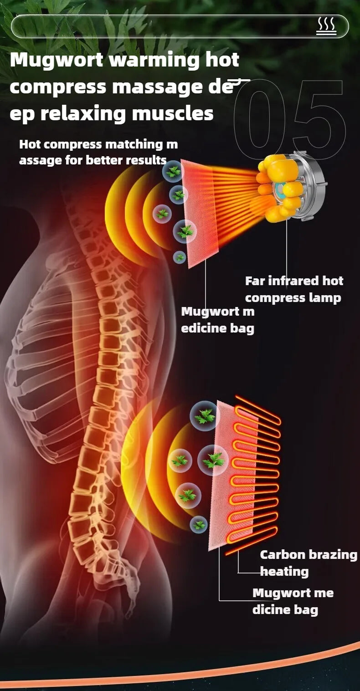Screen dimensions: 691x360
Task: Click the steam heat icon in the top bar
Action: (x=326, y=26)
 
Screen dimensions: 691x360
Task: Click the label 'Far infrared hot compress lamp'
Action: (x=294, y=289)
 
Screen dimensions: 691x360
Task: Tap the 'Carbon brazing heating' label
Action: (x=308, y=563)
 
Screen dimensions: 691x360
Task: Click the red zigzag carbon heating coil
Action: (x=255, y=474)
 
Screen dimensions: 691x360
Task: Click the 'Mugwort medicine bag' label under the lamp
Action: (x=217, y=320)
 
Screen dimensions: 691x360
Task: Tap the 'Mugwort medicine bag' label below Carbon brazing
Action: (x=293, y=601)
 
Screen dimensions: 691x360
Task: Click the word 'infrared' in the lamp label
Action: (x=294, y=281)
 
